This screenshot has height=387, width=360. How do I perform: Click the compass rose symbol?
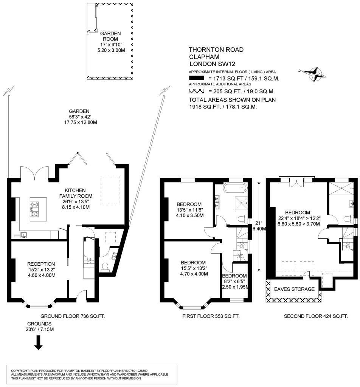313,74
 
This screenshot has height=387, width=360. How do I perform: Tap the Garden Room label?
110,36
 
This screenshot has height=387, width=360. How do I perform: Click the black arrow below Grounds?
38,342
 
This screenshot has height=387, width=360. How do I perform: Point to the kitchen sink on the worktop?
24,235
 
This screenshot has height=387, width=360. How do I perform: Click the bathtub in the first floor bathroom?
235,188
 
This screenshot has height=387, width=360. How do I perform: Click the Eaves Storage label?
294,289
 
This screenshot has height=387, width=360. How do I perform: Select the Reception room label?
41,264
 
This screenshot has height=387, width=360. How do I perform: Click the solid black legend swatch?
196,78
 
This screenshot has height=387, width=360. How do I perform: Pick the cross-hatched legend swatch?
196,91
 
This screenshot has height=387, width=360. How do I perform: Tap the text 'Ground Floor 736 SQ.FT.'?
73,316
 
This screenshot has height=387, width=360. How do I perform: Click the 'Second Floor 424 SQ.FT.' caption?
316,316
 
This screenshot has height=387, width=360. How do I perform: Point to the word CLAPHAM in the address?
204,57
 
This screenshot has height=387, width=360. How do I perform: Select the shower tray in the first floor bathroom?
241,203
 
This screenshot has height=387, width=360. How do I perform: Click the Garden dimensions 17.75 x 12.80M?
81,122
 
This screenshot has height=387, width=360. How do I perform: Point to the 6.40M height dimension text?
259,229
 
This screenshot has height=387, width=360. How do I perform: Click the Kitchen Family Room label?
76,193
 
